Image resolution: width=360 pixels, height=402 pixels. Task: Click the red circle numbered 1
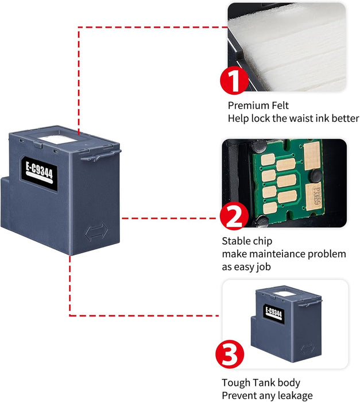coord(235,82)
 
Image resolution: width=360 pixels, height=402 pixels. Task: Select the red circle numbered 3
coord(230,356)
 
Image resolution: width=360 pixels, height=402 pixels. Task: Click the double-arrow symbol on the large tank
coord(95,233)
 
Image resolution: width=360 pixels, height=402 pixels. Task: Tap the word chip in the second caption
coord(261,241)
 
